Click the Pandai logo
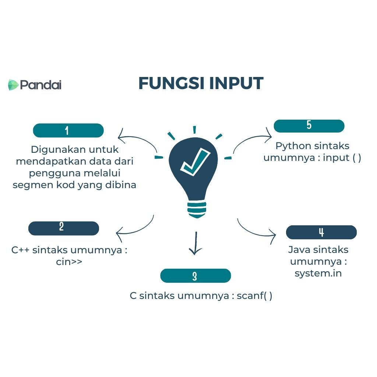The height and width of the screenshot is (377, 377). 35,85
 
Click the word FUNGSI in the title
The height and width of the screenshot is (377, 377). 171,84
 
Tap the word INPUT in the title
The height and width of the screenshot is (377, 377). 236,84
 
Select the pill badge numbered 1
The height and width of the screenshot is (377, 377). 68,130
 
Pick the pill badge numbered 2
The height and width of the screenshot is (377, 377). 64,228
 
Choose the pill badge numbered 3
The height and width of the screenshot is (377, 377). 195,275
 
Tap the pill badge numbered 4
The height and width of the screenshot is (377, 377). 321,232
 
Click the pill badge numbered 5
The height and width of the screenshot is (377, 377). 309,126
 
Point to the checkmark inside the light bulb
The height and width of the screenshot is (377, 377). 195,162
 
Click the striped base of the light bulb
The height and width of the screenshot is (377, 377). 197,209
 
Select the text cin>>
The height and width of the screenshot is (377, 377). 69,262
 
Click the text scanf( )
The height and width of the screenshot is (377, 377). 254,296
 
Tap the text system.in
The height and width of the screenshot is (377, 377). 318,274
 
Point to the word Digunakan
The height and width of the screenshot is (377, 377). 58,150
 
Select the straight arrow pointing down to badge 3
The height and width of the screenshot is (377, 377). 195,243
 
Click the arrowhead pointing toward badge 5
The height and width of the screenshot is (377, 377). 269,135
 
